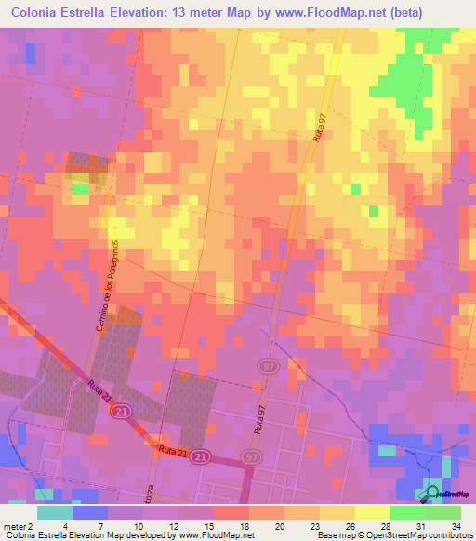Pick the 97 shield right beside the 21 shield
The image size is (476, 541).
(250, 457)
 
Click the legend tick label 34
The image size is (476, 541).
(455, 525)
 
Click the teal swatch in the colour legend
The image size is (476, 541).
(55, 512)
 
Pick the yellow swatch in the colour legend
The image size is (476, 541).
(373, 512)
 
